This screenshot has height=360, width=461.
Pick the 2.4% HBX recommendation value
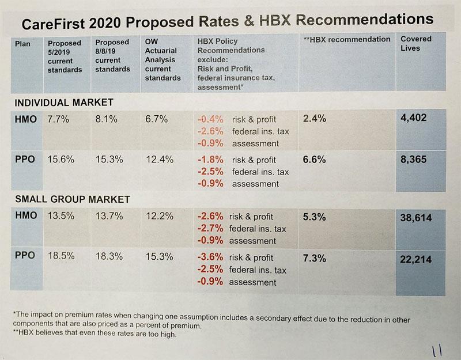[x=314, y=119]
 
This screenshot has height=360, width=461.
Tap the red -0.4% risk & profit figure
[x=209, y=119]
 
